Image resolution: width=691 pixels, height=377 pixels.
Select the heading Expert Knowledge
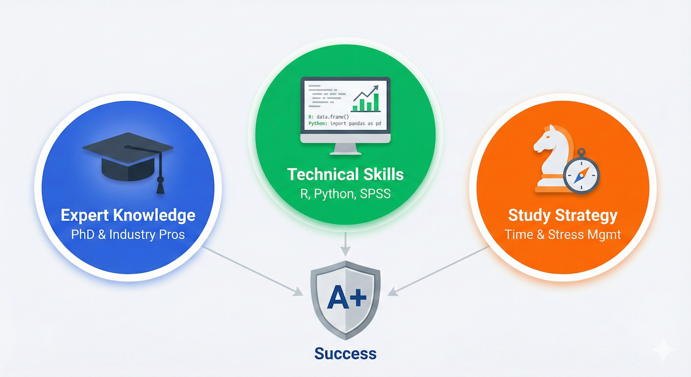(128, 216)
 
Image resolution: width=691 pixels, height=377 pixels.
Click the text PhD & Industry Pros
(128, 236)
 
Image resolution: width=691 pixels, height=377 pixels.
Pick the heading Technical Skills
(345, 174)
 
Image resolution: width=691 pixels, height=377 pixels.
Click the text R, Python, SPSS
(345, 193)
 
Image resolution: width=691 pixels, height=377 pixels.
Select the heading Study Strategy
(563, 216)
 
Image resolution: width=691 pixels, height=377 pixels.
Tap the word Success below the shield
(345, 353)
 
